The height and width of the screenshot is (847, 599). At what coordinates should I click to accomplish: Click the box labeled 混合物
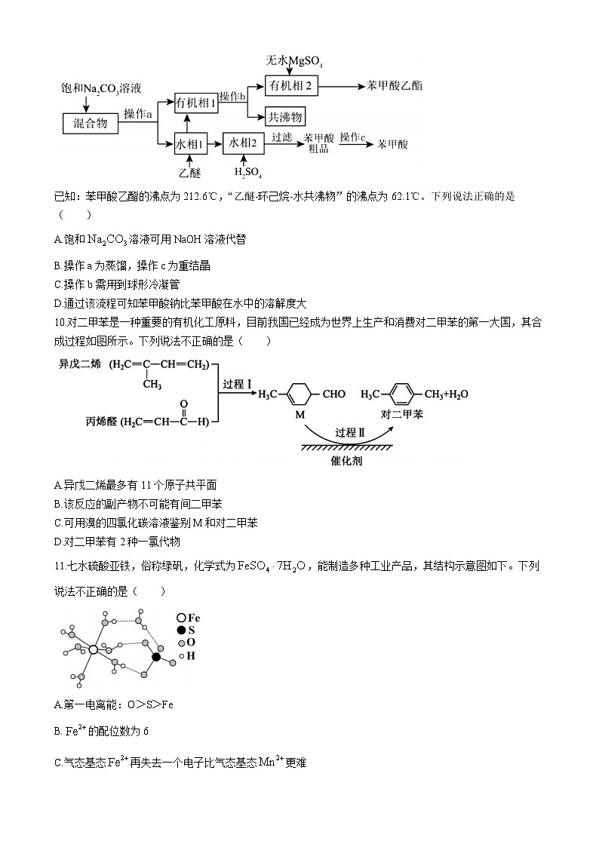[90, 124]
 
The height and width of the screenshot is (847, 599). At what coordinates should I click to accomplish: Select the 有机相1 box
[195, 103]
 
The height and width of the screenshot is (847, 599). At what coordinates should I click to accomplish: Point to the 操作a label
[138, 114]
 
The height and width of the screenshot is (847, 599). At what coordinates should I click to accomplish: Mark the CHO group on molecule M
[334, 394]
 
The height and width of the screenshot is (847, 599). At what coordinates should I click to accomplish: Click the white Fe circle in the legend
[181, 617]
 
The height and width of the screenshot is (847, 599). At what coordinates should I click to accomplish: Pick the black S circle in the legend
[181, 630]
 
